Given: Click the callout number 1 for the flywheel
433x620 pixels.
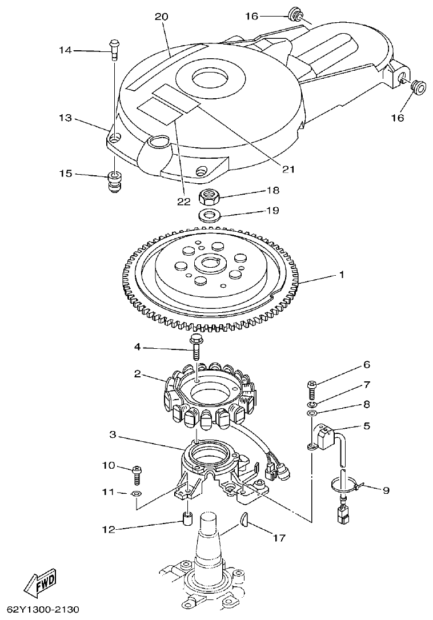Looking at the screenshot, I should click(x=342, y=275).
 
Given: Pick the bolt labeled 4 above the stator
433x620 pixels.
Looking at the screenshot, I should click(x=196, y=347).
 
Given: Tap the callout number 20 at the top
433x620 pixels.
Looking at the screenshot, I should click(x=162, y=17).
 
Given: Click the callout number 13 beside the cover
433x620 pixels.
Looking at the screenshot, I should click(x=65, y=118).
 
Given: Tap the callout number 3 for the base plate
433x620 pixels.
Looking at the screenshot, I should click(x=113, y=436).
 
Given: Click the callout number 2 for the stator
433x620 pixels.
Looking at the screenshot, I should click(x=138, y=374).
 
